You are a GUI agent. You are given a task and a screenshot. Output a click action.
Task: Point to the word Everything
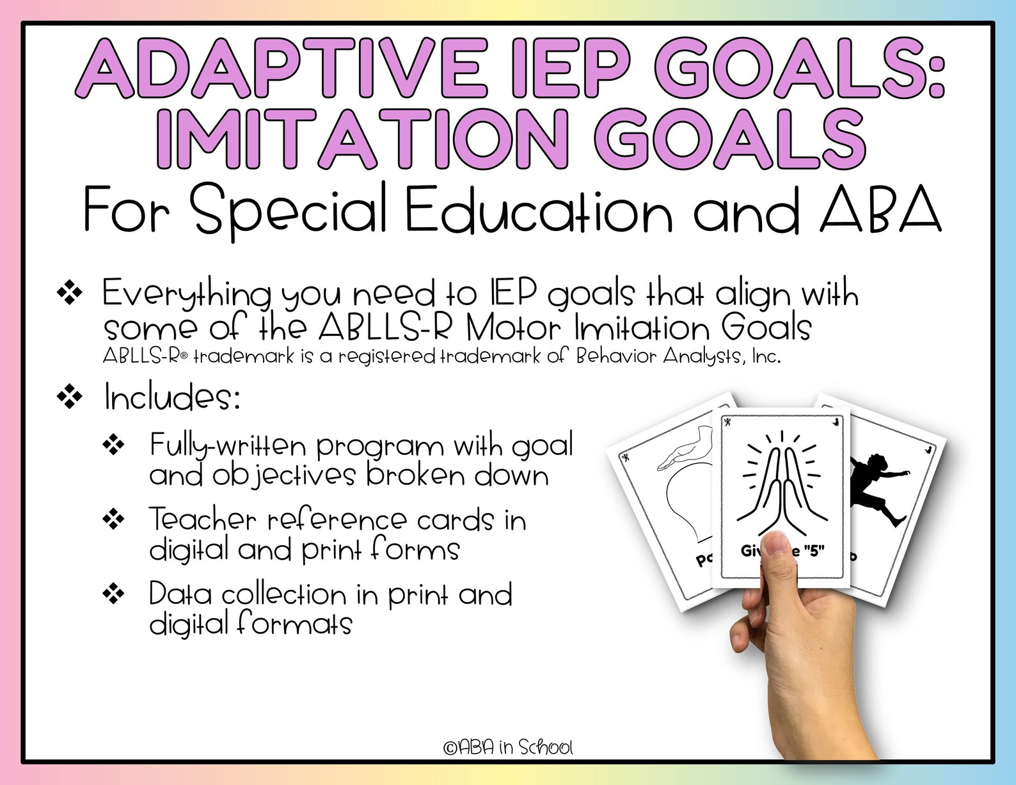186,294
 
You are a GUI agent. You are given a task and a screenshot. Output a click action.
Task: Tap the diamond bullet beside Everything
70,294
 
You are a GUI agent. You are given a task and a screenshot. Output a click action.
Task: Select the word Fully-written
228,446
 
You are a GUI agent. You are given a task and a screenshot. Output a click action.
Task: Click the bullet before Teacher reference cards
114,519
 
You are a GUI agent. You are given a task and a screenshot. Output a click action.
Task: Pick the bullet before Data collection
114,594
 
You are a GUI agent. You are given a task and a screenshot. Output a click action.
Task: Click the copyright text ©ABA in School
508,747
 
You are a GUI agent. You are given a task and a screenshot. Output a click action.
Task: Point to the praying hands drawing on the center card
781,480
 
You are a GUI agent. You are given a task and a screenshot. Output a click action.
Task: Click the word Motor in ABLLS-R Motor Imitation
512,329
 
